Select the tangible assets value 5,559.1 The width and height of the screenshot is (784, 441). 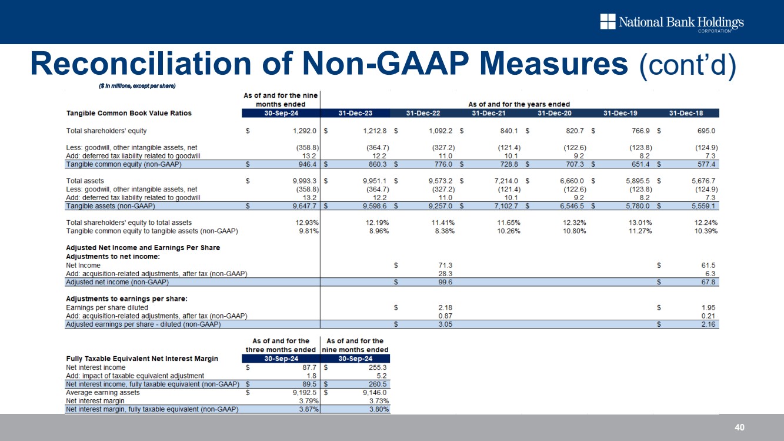702,206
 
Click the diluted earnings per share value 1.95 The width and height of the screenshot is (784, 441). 709,307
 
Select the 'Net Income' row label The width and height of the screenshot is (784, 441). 83,266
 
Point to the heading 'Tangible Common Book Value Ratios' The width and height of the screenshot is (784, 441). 129,113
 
